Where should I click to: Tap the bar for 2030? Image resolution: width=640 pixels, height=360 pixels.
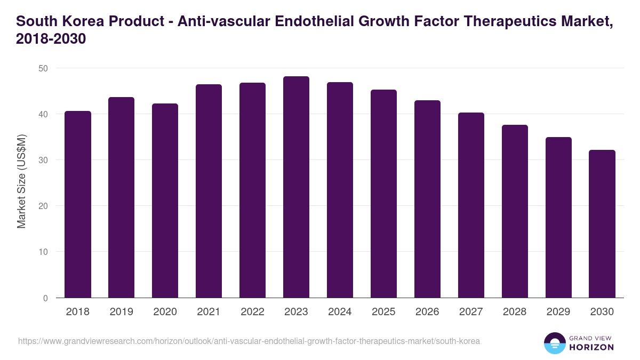pos(602,224)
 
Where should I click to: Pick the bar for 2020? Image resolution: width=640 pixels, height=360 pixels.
pos(165,201)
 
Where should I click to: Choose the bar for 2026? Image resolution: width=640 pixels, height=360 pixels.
pos(427,199)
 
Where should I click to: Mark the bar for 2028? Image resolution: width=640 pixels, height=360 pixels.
pos(515,211)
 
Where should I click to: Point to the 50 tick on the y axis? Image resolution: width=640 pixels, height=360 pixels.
pos(43,68)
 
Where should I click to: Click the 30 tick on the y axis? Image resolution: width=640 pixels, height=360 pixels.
pos(43,160)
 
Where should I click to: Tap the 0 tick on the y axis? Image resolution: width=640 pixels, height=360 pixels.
pos(45,298)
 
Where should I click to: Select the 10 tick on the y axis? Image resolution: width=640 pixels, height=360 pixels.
pos(43,252)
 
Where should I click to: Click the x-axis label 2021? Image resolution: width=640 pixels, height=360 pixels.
pos(209,312)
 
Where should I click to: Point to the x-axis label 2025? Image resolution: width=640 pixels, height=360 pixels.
pos(383,312)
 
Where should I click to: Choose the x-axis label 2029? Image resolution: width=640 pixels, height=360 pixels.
pos(558,312)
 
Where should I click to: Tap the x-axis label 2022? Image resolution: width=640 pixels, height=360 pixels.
pos(252,312)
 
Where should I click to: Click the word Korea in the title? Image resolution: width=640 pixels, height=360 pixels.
pos(85,21)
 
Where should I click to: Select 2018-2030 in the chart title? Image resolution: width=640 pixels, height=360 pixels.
pos(51,39)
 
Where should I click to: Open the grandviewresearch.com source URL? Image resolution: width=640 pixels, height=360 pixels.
pos(249,341)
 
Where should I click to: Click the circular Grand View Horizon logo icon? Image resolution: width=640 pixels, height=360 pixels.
pos(555,343)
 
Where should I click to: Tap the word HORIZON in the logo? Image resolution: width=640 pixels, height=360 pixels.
pos(592,347)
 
